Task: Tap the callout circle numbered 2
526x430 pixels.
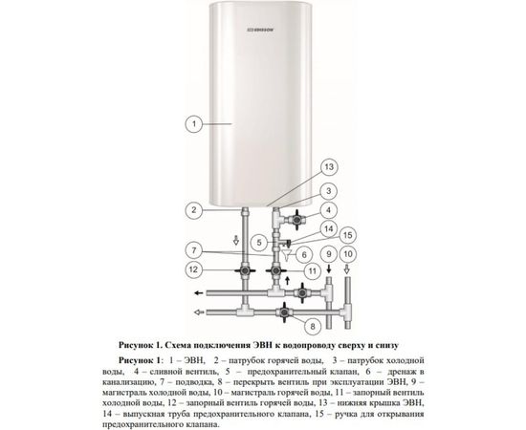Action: click(194, 210)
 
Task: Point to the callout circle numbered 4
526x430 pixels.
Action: click(328, 210)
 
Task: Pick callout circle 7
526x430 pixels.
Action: click(194, 252)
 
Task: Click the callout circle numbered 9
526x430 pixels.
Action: click(328, 255)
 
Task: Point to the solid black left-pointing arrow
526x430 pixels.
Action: click(201, 291)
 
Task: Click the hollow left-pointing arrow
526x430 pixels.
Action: click(200, 312)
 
